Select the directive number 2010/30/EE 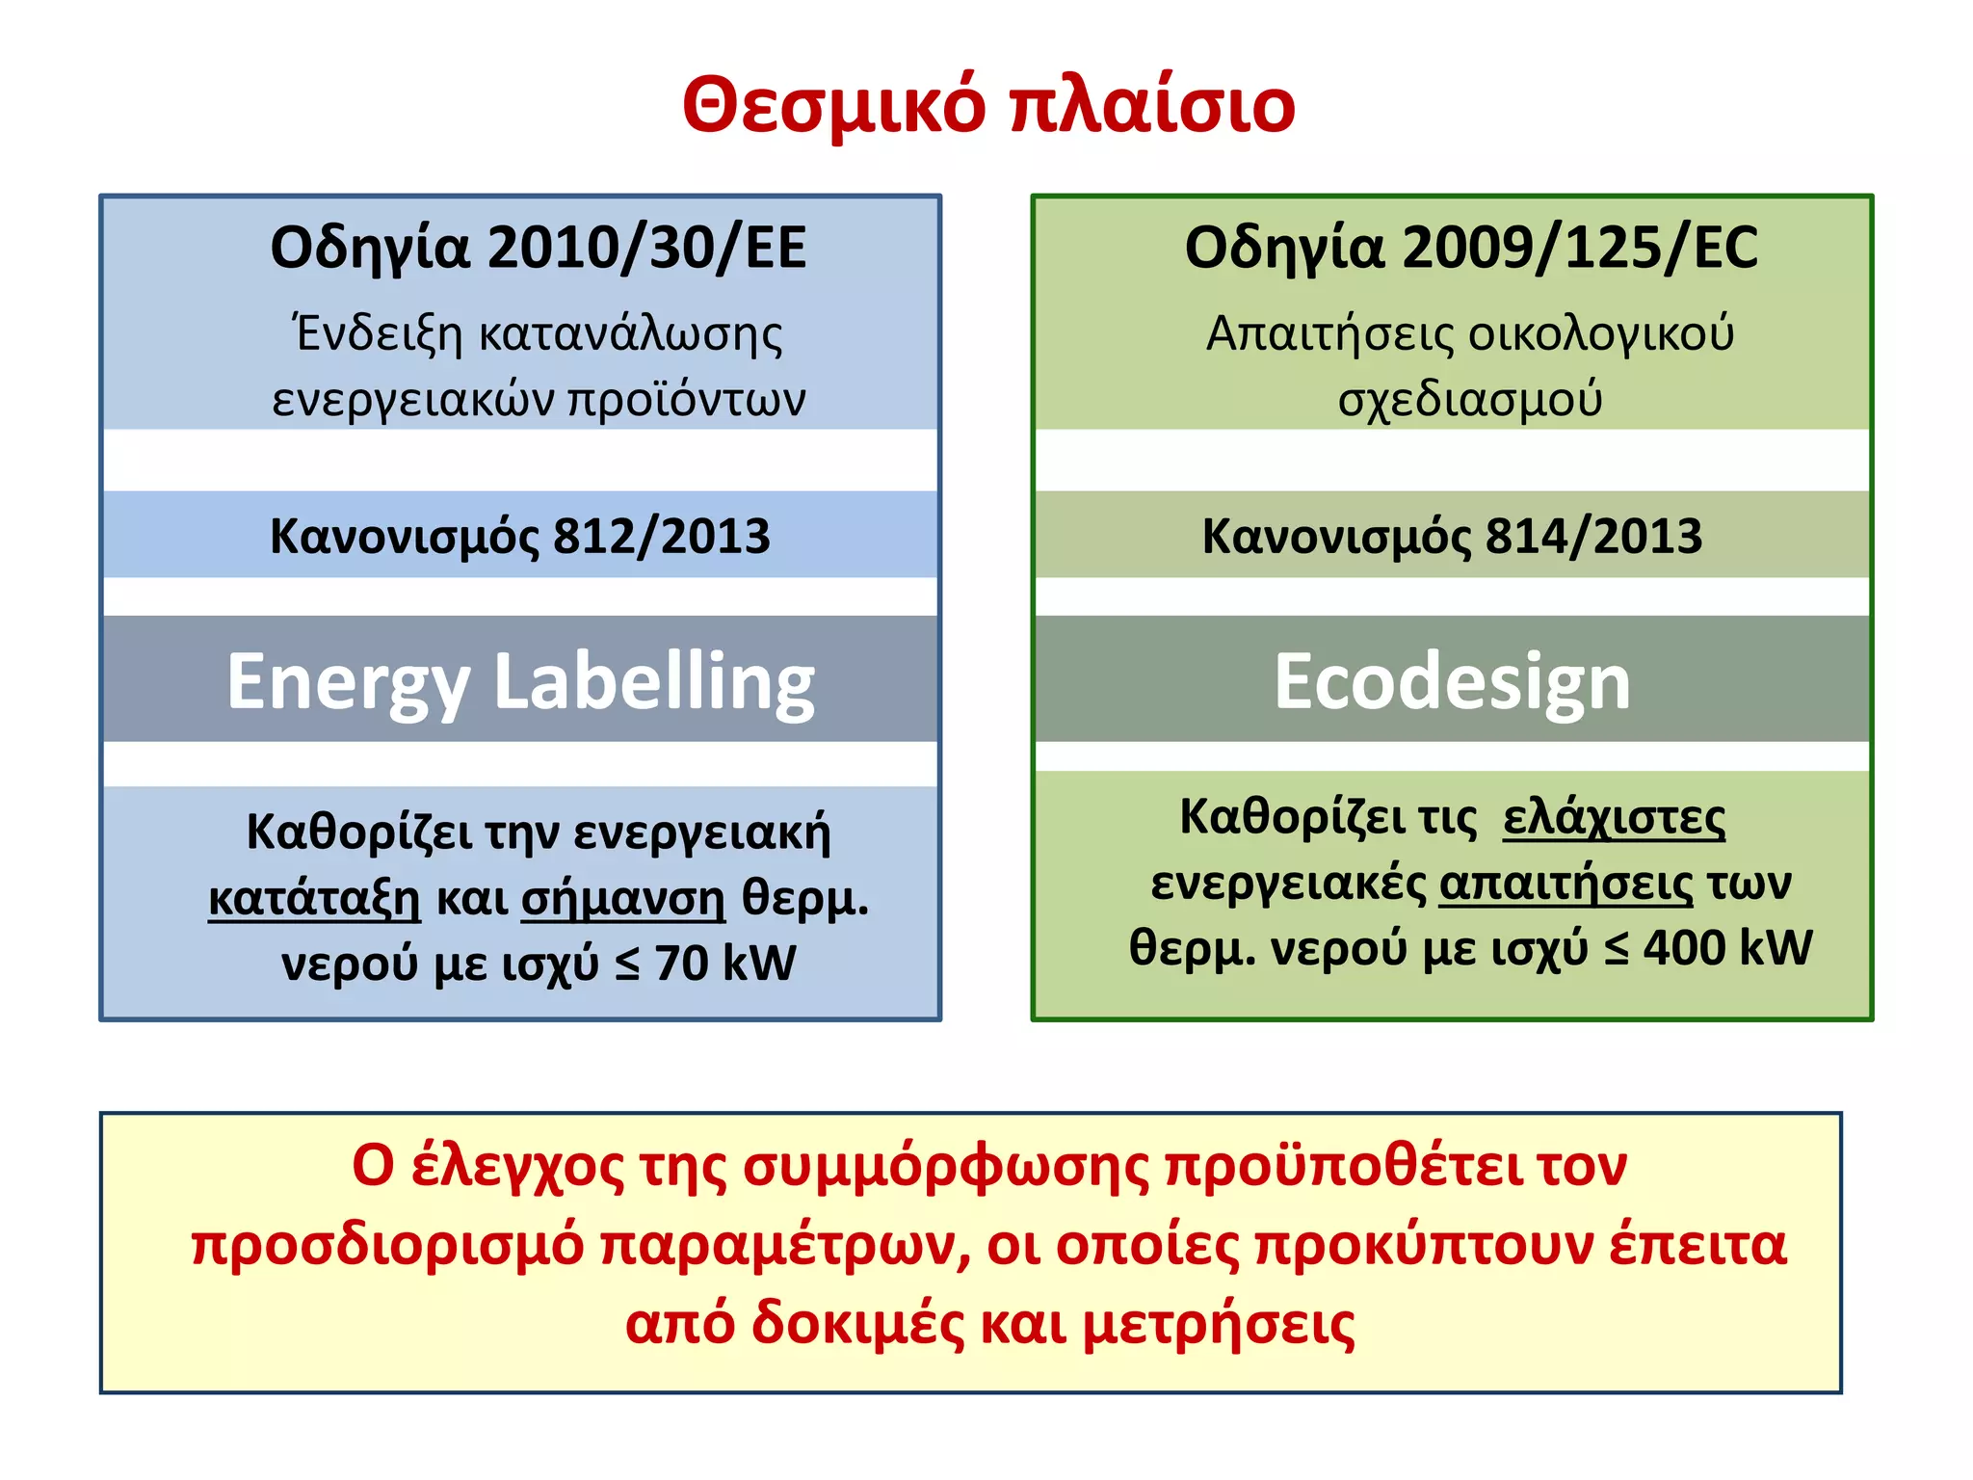click(646, 248)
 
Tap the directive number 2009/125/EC click(1580, 248)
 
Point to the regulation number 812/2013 click(662, 536)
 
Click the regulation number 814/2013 click(1594, 536)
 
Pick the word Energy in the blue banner click(348, 682)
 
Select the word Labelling click(654, 682)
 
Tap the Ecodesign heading click(1453, 682)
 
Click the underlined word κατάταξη click(314, 898)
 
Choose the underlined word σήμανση click(622, 898)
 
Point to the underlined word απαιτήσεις click(1565, 884)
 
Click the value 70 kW click(725, 963)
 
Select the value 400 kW click(1728, 947)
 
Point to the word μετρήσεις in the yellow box click(1219, 1324)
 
